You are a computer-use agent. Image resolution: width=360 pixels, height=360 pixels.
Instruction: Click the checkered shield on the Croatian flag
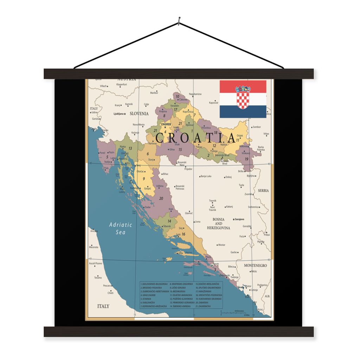tap(243, 98)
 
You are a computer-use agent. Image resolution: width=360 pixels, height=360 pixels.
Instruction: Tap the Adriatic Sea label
tap(120, 228)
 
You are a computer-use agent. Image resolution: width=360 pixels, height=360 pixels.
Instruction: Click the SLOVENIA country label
tap(139, 114)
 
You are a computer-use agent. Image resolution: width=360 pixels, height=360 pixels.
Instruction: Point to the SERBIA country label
tap(263, 191)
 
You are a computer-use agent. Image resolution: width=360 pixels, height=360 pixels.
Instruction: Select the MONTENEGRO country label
tap(255, 265)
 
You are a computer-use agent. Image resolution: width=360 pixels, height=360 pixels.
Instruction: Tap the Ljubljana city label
tap(118, 114)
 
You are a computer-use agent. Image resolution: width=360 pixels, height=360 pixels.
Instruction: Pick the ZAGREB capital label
tap(165, 124)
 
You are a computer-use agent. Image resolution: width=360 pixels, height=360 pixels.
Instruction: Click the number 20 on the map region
tap(161, 198)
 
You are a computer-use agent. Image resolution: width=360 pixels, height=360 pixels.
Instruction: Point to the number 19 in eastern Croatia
tap(246, 159)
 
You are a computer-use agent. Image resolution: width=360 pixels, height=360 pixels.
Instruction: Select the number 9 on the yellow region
tap(144, 179)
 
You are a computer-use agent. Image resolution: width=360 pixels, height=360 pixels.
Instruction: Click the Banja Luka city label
tap(206, 176)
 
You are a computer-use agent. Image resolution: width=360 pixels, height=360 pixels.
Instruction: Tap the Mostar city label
tap(221, 245)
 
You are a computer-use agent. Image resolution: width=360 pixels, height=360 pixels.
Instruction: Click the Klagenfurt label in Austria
tap(121, 84)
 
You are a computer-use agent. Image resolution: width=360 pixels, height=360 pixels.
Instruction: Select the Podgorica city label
tap(262, 285)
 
